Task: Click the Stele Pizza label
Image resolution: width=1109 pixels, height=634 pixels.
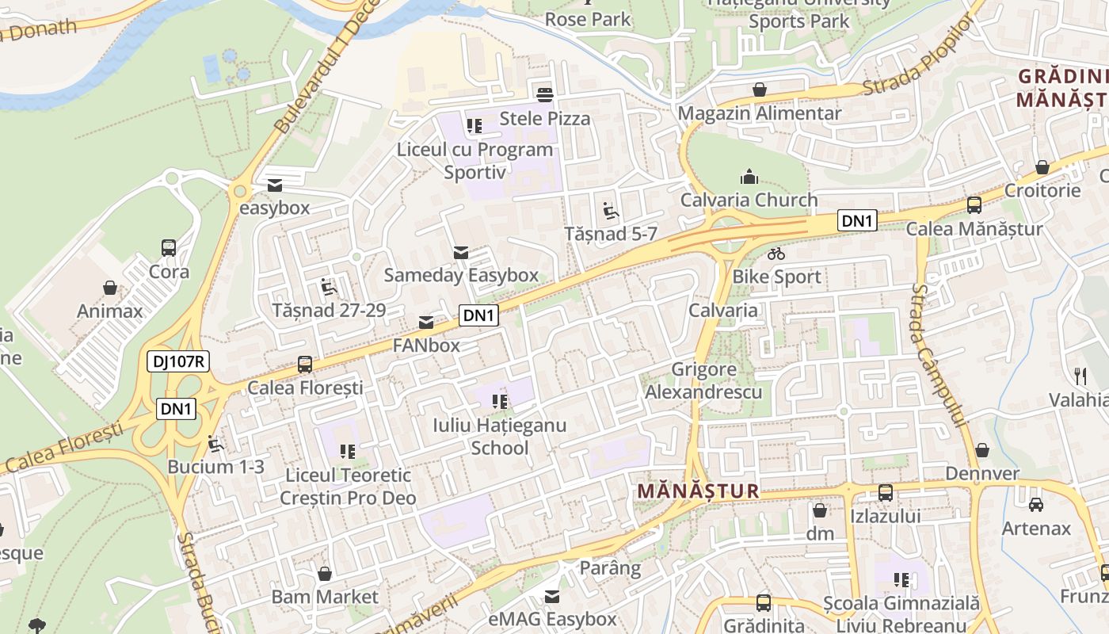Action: (x=545, y=119)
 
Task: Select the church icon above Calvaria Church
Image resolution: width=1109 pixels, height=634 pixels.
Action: (x=749, y=177)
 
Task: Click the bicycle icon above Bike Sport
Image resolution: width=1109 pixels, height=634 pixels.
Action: (x=776, y=254)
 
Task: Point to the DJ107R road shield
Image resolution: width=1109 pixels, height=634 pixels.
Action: (x=178, y=362)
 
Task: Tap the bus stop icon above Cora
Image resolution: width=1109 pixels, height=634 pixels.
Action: (x=169, y=248)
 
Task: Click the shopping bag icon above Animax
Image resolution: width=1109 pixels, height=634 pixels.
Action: (x=110, y=288)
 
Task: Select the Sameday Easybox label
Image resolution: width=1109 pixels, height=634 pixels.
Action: (x=461, y=275)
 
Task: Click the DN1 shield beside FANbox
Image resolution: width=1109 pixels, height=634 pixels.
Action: (x=479, y=315)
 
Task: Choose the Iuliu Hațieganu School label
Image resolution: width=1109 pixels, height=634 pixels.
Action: (x=499, y=437)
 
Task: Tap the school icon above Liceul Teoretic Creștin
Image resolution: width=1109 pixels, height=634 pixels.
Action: (x=348, y=452)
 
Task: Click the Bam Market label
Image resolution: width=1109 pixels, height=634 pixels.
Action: (x=325, y=597)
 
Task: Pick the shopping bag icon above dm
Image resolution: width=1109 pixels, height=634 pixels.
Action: (x=820, y=510)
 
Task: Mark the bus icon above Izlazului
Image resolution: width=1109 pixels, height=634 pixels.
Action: (x=886, y=493)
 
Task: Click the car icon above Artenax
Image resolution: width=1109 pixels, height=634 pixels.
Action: (x=1035, y=505)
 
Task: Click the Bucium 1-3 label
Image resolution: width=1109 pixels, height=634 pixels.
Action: (x=216, y=467)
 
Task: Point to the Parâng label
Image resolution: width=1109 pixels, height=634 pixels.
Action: (x=610, y=568)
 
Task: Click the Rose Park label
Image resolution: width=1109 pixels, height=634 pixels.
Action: (x=588, y=19)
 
